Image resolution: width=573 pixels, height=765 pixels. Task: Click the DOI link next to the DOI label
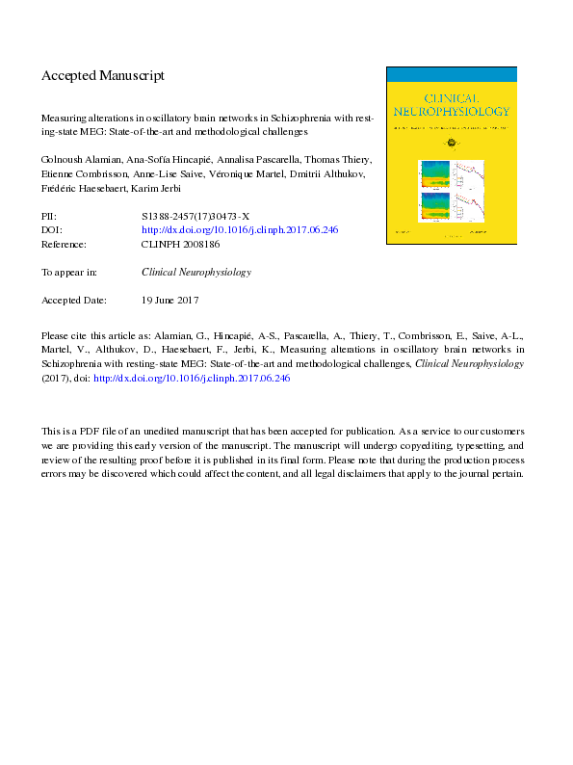point(240,230)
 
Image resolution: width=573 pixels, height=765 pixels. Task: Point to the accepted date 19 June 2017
point(169,301)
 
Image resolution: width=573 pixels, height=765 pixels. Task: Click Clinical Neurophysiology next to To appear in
point(195,273)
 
